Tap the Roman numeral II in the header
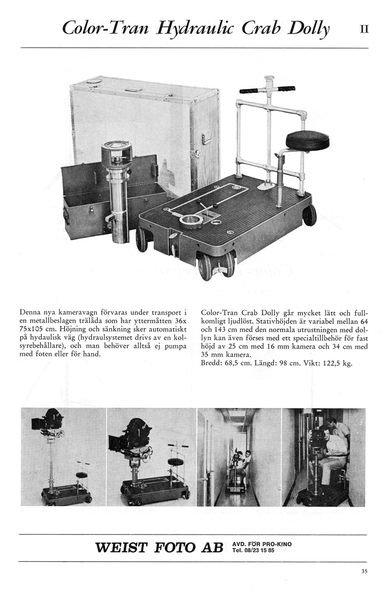364,29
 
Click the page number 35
364,571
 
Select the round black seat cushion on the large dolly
307,140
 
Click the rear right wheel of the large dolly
309,215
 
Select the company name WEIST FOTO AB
159,548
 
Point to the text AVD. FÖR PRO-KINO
262,544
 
